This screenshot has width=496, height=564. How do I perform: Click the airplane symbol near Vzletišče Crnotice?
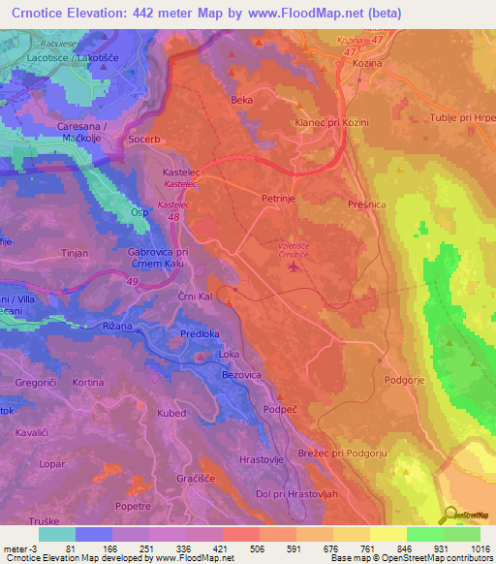coord(294,268)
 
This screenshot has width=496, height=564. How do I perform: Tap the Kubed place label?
coord(171,414)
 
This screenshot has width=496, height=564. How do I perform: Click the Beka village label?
coord(242,100)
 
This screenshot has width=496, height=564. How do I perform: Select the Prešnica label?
coord(366,204)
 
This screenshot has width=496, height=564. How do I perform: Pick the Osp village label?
coord(139,212)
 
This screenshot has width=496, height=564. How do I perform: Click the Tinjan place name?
coord(75,252)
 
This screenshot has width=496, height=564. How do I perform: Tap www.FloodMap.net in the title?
coord(308,12)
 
